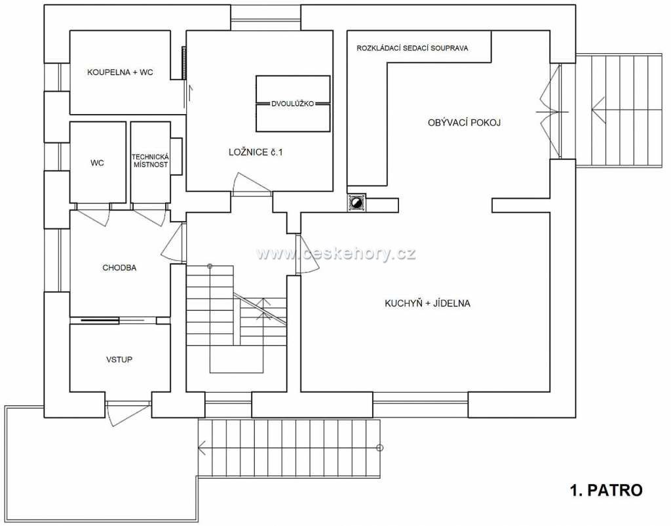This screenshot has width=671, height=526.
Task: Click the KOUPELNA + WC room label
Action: [120, 72]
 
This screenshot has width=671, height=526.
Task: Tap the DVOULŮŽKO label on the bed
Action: [293, 104]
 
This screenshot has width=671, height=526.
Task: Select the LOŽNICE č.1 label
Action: [256, 152]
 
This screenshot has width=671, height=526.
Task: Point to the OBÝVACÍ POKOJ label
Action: [465, 123]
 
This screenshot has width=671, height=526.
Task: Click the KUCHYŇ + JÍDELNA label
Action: [427, 304]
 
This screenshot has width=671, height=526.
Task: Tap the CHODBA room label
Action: [119, 268]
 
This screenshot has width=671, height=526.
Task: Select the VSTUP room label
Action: [119, 360]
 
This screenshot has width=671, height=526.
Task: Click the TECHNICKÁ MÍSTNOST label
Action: [150, 161]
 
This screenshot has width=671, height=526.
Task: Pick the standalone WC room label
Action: [97, 163]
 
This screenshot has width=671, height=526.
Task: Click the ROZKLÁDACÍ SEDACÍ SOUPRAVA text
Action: [412, 49]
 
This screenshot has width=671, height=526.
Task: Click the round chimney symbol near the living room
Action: [356, 203]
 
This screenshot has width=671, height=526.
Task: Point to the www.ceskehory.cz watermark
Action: [336, 254]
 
